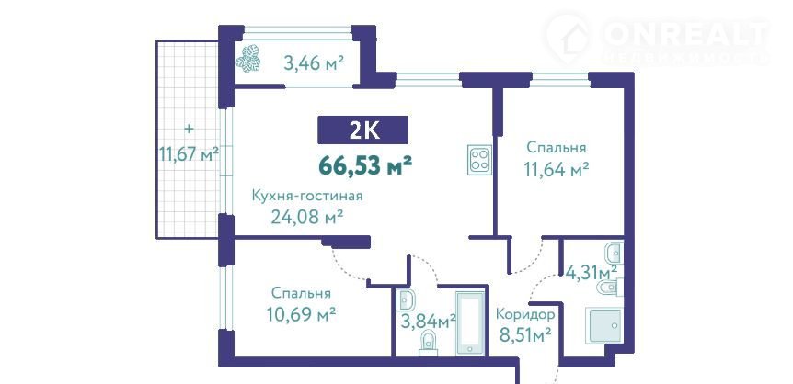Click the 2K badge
(x=362, y=130)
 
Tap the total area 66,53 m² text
(x=363, y=164)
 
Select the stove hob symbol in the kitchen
(x=479, y=160)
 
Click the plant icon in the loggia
(x=248, y=59)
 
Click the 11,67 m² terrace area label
(x=189, y=153)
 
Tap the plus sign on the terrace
(x=189, y=129)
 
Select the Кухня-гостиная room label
(x=307, y=196)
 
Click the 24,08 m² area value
(x=307, y=217)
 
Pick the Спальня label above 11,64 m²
(x=557, y=148)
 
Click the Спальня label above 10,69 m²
(x=301, y=294)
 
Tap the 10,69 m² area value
(x=301, y=315)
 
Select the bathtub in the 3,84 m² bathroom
(x=470, y=324)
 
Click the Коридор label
(x=525, y=314)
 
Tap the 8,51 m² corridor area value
(x=525, y=334)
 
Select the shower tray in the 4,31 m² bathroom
(x=603, y=326)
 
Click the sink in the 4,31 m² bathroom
(x=614, y=251)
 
